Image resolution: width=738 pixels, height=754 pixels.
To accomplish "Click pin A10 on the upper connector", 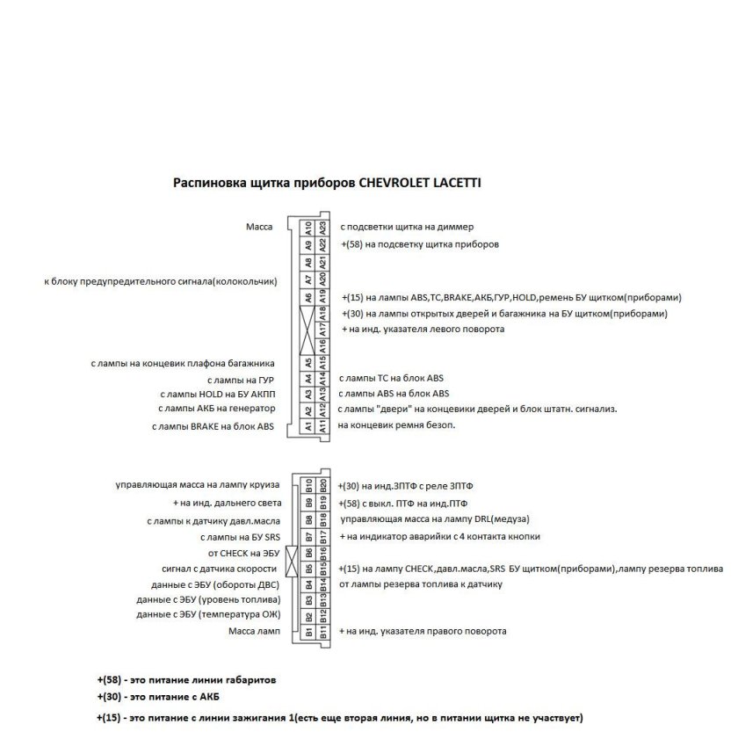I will tap(308, 227).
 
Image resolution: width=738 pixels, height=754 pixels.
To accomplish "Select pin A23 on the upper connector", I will tap(323, 227).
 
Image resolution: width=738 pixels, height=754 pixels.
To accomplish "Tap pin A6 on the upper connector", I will tap(308, 297).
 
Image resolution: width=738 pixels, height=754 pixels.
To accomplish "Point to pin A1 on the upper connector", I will tap(308, 425).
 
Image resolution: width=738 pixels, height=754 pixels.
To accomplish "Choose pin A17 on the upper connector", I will tap(323, 330).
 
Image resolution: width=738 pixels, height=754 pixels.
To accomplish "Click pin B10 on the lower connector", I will tap(308, 485).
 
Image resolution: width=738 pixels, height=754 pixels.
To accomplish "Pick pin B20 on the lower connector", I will tap(323, 485).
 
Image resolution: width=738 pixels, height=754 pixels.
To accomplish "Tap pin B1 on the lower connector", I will tap(308, 630).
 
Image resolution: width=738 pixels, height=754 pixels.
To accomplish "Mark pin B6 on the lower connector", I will tap(308, 552).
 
